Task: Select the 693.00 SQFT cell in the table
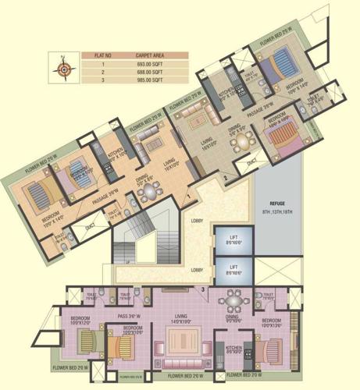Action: point(148,62)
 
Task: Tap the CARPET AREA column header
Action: point(148,55)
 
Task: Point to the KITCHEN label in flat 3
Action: point(233,348)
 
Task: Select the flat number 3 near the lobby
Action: point(203,289)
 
